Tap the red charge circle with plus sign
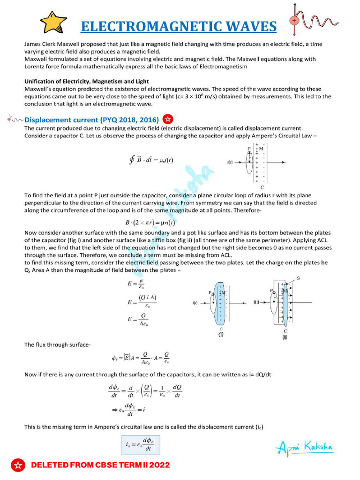pyautogui.click(x=294, y=21)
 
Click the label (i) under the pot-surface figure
pyautogui.click(x=220, y=335)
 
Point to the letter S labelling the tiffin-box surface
pyautogui.click(x=311, y=278)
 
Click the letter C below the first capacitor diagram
pyautogui.click(x=262, y=187)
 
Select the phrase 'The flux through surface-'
pyautogui.click(x=57, y=345)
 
